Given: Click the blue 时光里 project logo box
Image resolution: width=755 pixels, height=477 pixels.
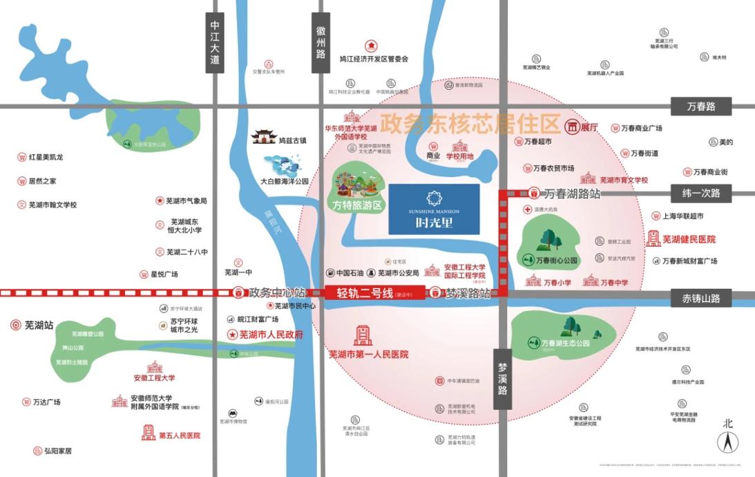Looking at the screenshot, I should click(x=434, y=208).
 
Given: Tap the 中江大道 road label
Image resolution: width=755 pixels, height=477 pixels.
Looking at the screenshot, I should click(x=215, y=42).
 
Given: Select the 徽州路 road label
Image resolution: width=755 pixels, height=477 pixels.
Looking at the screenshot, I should click(x=321, y=41).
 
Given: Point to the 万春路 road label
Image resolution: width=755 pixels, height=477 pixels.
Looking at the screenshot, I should click(x=700, y=106).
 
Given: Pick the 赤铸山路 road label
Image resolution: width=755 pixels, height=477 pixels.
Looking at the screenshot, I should click(x=700, y=299).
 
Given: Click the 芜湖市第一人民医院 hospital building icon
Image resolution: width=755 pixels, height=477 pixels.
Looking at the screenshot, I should click(x=362, y=335).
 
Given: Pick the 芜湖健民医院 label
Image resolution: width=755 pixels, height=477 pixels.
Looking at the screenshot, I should click(x=689, y=239).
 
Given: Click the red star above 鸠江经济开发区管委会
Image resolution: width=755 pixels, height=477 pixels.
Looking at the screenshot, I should click(x=371, y=46).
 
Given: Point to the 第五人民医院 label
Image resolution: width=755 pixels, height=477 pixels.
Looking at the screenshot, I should click(x=179, y=436).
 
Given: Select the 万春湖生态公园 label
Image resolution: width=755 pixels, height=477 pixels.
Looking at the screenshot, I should click(x=565, y=343).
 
